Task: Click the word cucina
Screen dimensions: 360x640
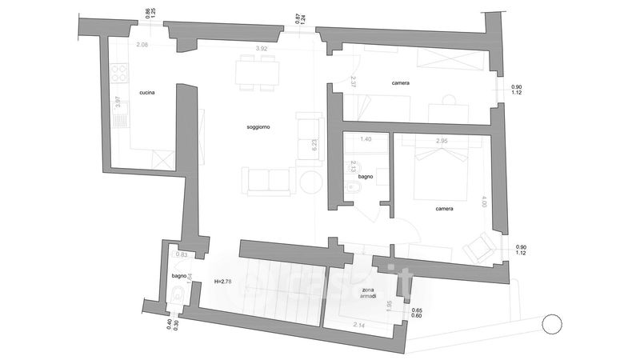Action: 146,93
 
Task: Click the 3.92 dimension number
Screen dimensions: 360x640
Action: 261,50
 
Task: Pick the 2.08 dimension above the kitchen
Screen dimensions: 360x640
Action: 142,45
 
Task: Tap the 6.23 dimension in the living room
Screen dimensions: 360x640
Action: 315,146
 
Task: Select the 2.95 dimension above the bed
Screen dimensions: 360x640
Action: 442,141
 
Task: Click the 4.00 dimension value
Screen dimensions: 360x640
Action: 483,204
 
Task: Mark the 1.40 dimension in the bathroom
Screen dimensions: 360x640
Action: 366,139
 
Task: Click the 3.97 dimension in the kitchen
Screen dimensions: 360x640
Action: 118,102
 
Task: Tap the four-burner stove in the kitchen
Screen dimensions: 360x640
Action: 119,74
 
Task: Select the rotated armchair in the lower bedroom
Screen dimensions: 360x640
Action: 482,247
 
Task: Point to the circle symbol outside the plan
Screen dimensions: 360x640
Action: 551,325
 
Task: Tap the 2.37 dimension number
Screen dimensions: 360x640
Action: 353,81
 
